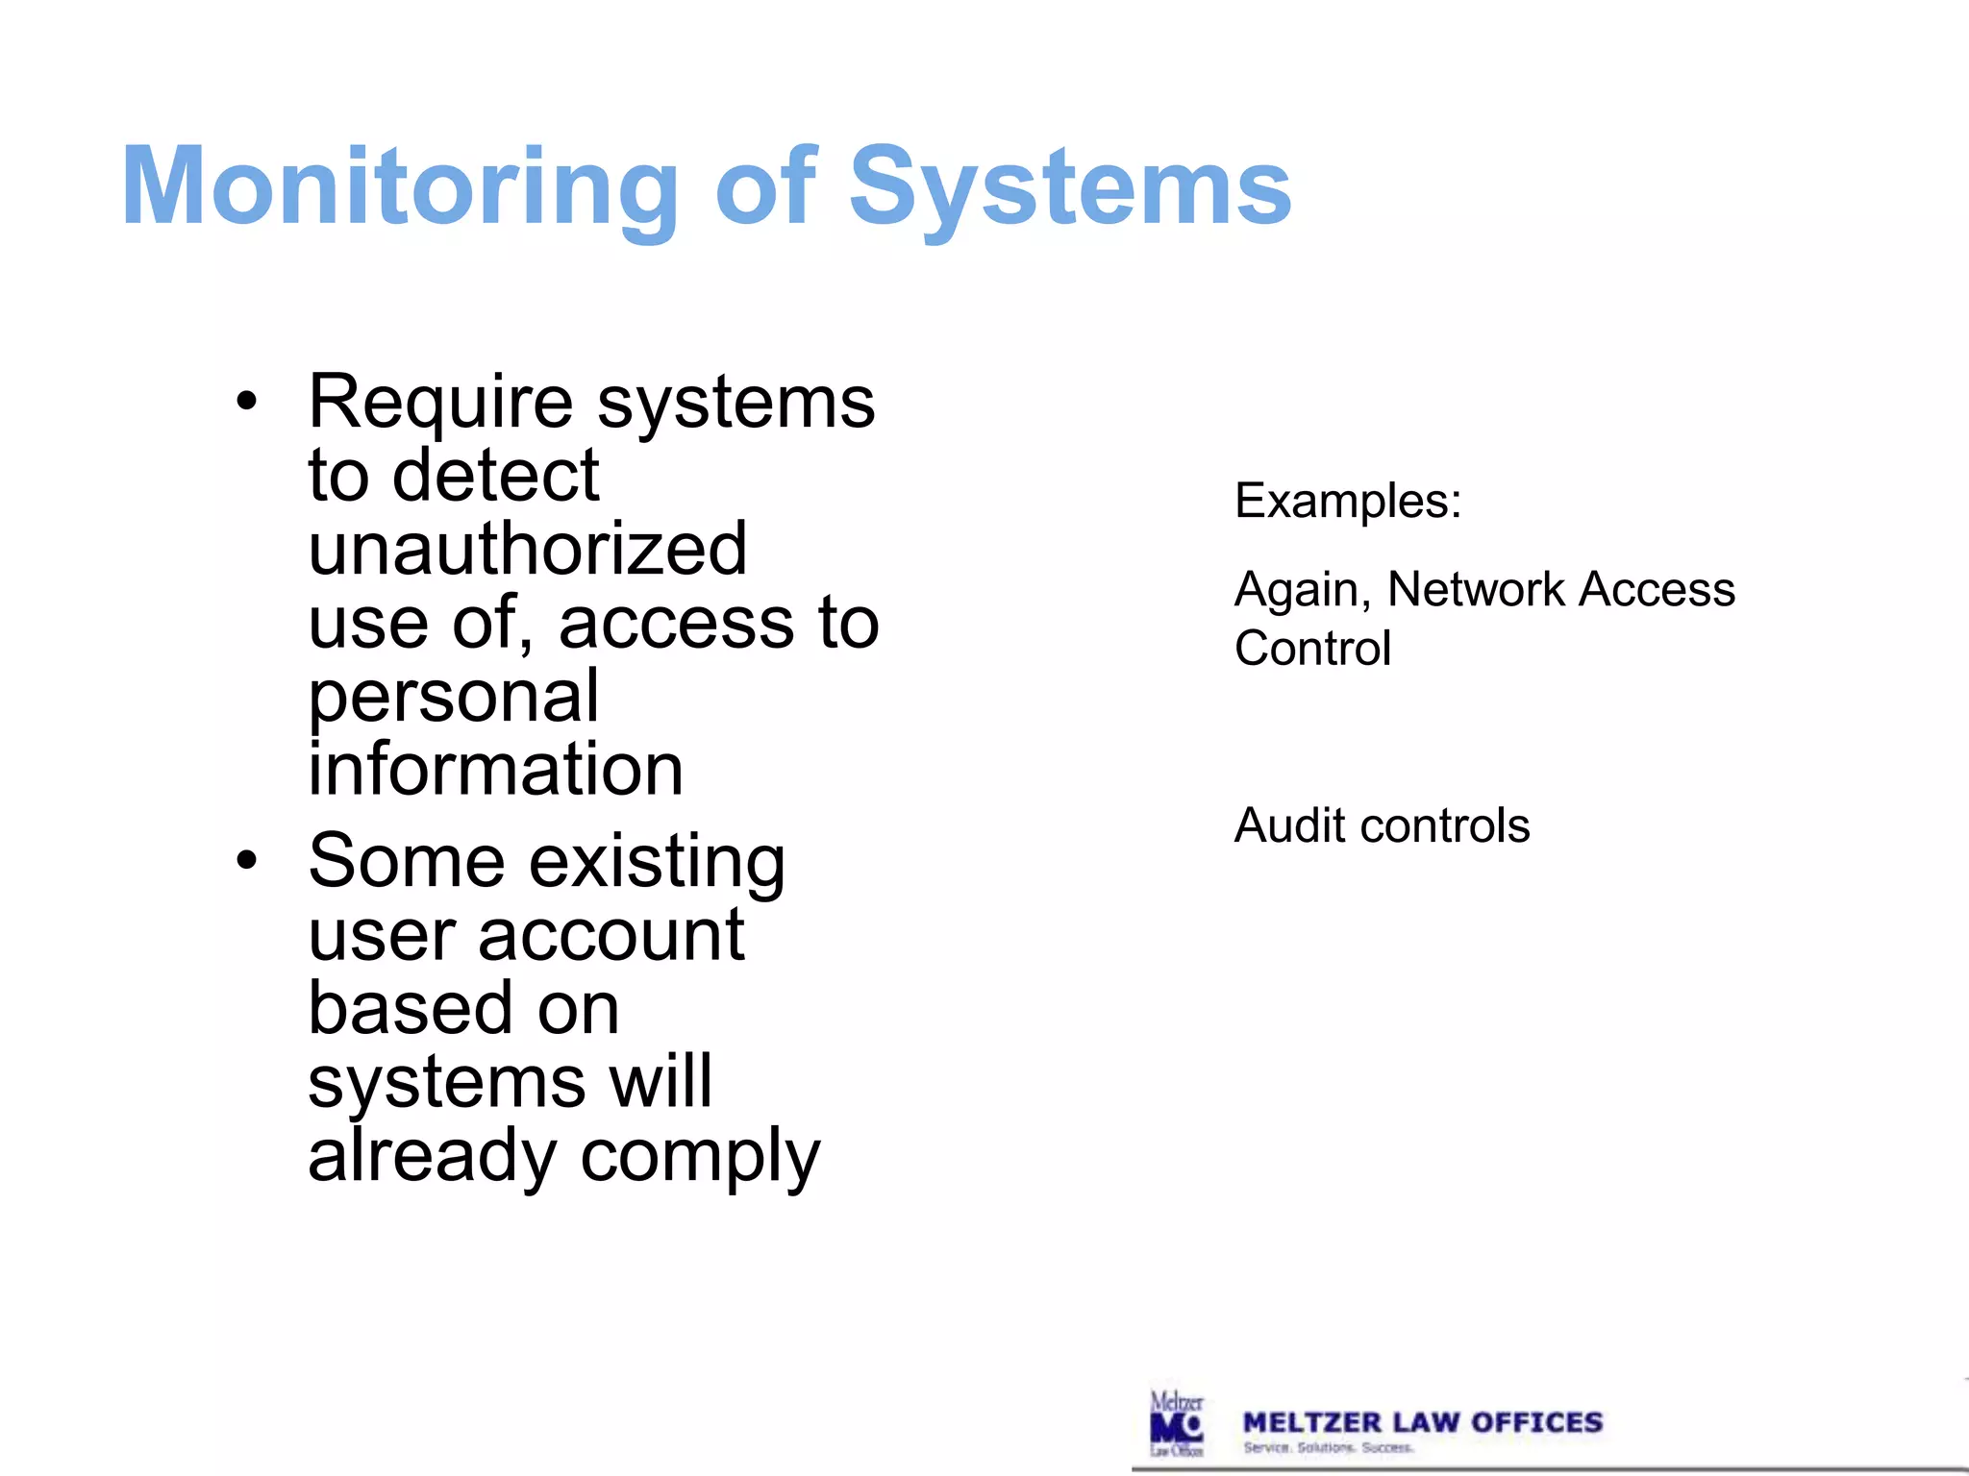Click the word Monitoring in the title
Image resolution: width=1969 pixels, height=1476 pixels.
click(400, 186)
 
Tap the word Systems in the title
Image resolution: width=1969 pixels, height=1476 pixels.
click(1069, 186)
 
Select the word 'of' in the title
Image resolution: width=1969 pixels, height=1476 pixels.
click(765, 186)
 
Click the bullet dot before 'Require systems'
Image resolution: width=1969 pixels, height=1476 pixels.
click(247, 402)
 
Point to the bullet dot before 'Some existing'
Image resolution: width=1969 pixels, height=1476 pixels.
click(247, 860)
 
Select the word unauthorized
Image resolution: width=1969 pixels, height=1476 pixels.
click(527, 550)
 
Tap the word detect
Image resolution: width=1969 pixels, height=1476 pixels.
click(495, 476)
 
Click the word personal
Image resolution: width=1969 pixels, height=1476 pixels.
click(454, 698)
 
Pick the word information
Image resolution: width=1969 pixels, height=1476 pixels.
click(495, 770)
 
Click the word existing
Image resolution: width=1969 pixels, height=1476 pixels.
click(658, 862)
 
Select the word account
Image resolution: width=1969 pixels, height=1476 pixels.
click(611, 935)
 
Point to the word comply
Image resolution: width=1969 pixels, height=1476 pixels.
click(700, 1157)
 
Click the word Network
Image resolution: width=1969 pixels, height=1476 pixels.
click(1477, 589)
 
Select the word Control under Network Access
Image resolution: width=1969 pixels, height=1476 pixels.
click(1312, 649)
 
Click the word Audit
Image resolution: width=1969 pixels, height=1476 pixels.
click(1289, 825)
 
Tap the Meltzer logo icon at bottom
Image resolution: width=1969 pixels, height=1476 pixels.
click(1177, 1424)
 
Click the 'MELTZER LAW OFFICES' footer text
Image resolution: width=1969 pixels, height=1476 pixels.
click(1422, 1422)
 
